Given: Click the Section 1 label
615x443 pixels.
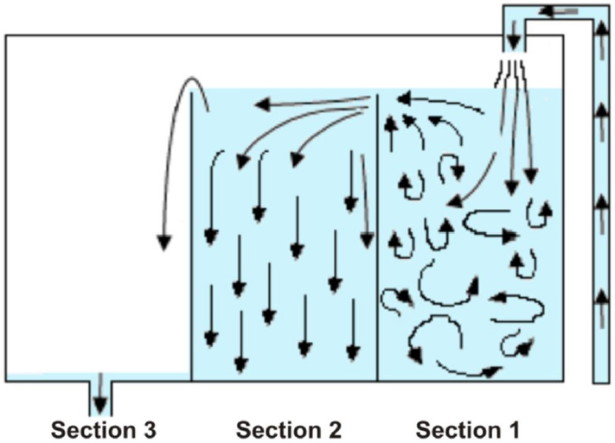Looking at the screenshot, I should [x=468, y=428].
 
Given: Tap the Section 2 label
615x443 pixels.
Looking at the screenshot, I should [x=289, y=428].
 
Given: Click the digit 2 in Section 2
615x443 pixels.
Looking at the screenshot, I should [x=335, y=428].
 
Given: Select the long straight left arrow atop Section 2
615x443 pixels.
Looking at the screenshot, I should [x=311, y=104].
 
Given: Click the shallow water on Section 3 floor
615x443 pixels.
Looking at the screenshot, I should [x=52, y=377].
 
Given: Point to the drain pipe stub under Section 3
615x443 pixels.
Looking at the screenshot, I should [x=100, y=397].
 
